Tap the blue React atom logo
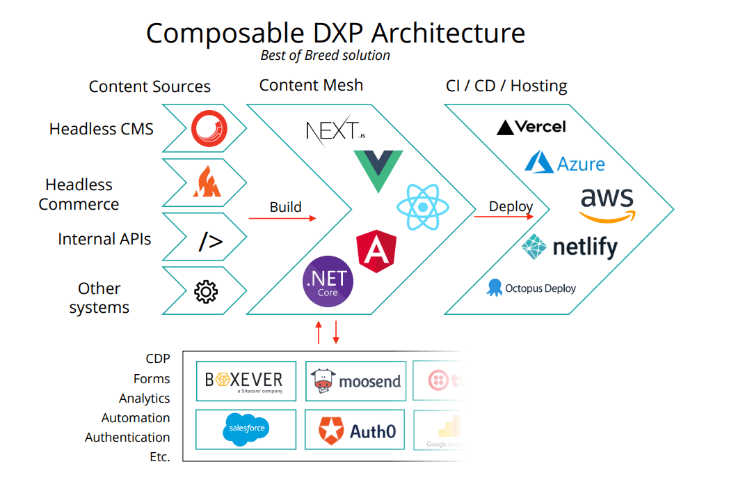coord(422,207)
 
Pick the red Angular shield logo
coord(376,251)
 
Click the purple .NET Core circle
coord(328,282)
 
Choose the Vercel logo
coord(531,127)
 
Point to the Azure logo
coord(564,164)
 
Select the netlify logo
coord(570,247)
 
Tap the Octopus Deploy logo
coord(531,288)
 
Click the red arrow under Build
coord(282,218)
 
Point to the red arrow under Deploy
coord(504,217)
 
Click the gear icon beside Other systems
coord(205,291)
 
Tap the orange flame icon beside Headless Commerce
coord(207,183)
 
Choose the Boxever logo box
coord(246,380)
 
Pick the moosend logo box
coord(355,380)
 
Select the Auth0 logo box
coord(355,429)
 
